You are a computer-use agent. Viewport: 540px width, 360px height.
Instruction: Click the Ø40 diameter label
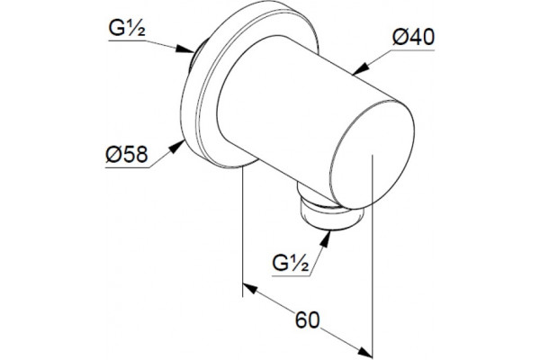[413, 37]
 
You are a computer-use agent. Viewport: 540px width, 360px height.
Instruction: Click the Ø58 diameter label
[127, 154]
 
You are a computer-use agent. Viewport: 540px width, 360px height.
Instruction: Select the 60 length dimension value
[308, 320]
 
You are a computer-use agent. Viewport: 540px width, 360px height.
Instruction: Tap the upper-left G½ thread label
[127, 28]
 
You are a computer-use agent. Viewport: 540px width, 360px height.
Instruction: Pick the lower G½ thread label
[291, 263]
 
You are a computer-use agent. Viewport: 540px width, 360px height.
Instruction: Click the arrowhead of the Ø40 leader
[360, 69]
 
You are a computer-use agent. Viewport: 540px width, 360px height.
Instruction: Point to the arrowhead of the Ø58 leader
[176, 147]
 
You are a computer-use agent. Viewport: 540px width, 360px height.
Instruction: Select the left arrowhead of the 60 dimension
[250, 288]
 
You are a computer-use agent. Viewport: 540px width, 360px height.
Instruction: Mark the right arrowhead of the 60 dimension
[365, 352]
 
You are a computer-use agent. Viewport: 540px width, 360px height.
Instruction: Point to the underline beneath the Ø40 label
[412, 50]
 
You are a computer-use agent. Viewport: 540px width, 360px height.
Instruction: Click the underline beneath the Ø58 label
[128, 167]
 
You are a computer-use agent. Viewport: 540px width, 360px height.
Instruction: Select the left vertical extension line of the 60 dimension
[243, 230]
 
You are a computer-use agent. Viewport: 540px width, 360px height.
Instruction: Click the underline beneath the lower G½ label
[292, 276]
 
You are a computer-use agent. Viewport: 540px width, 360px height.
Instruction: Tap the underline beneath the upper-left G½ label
[127, 40]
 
